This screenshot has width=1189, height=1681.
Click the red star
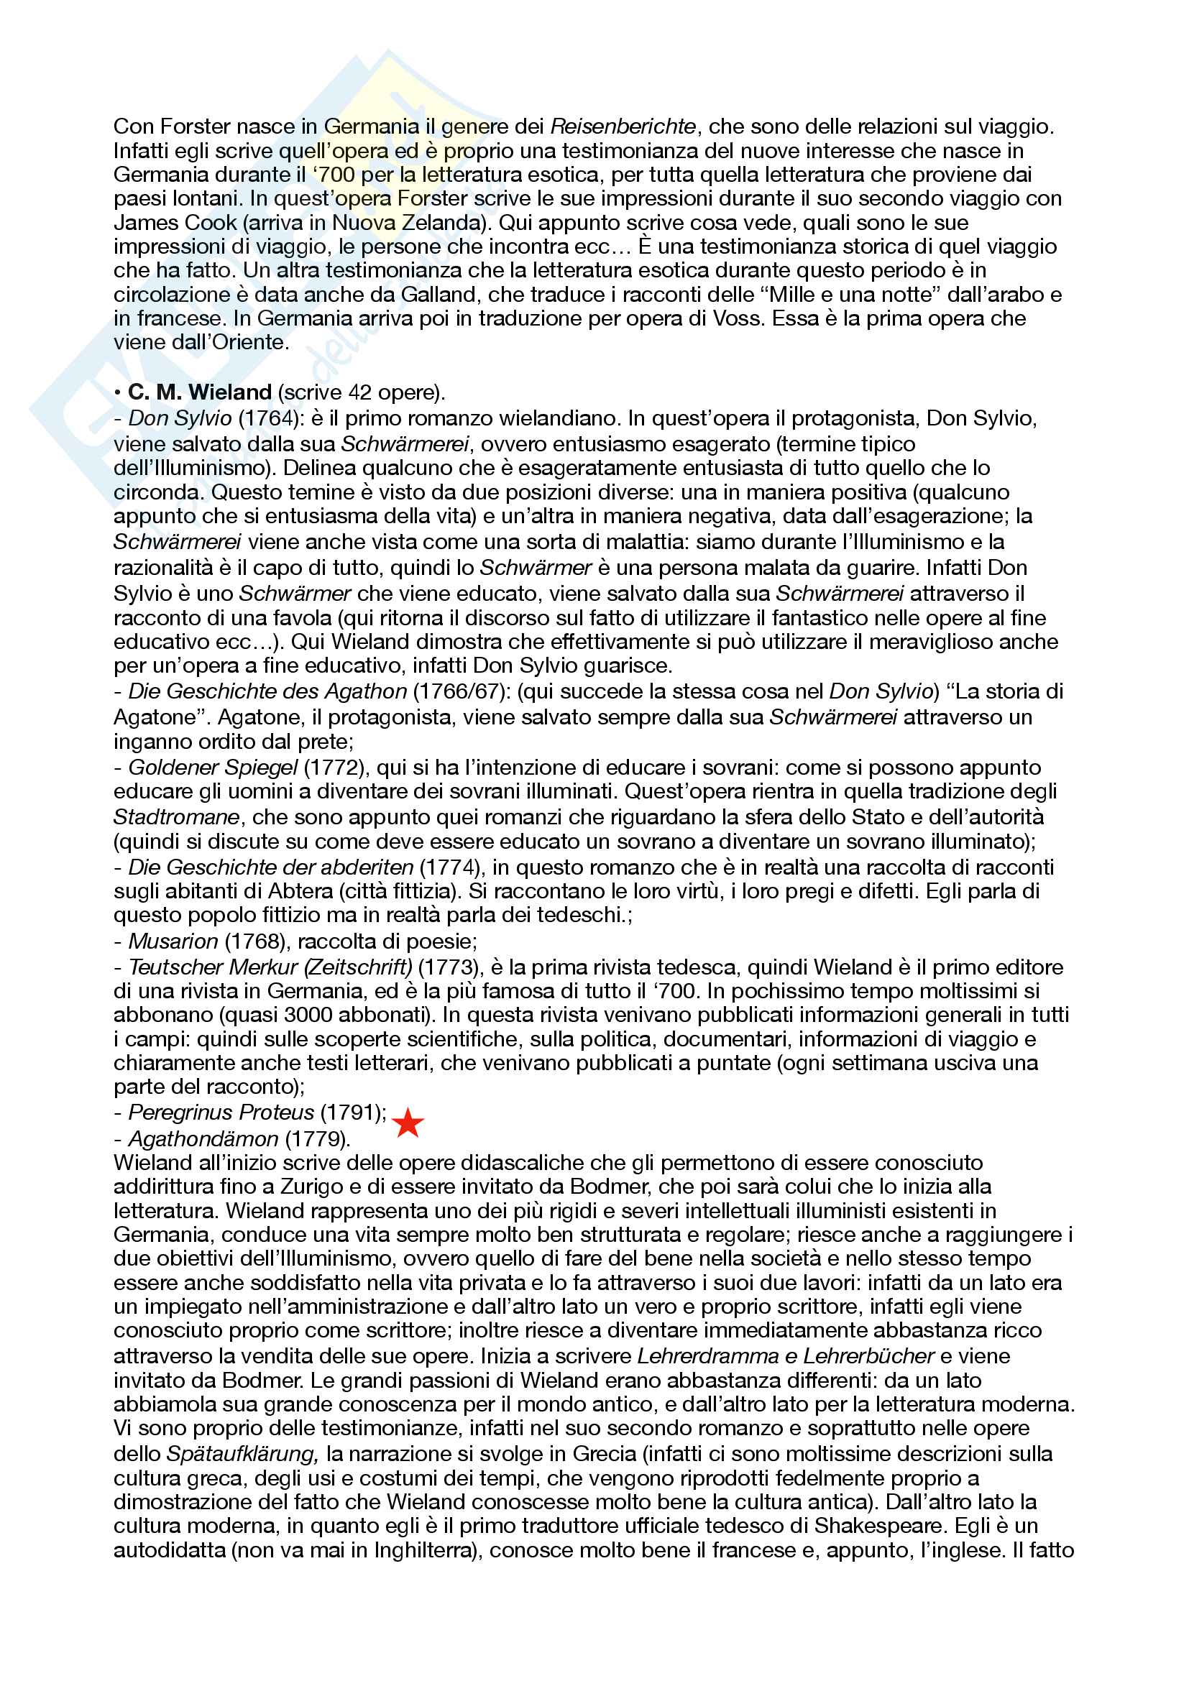[x=408, y=1123]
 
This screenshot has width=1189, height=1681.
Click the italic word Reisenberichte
[x=623, y=126]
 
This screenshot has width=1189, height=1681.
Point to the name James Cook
[x=175, y=223]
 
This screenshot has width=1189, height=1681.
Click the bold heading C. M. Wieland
[x=200, y=392]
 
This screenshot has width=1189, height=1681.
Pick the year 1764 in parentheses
[x=270, y=418]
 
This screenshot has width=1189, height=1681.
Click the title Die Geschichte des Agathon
[x=267, y=691]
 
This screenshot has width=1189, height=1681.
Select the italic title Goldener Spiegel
[x=213, y=768]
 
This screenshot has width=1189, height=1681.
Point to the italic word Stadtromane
[x=176, y=816]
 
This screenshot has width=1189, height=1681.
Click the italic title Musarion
[x=173, y=941]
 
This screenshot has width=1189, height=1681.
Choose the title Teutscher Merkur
[x=213, y=967]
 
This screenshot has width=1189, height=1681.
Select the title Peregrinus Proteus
[x=221, y=1112]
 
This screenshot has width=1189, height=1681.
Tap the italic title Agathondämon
[x=203, y=1138]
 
